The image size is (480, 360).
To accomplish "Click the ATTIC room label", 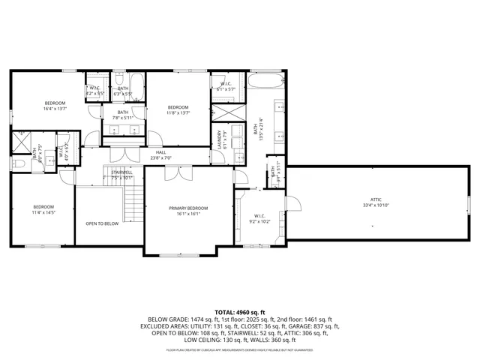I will pos(376,199).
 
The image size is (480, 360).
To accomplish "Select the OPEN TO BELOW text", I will pos(102,223).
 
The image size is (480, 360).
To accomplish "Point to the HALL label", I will pos(160,152).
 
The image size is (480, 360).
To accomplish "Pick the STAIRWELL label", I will pos(121,172).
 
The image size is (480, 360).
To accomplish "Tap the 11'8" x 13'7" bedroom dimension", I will pos(178,112).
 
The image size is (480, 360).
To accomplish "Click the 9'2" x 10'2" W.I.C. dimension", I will pos(259,222).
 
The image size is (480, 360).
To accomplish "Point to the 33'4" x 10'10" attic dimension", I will pos(376,205).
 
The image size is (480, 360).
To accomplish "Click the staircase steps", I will pos(133,202).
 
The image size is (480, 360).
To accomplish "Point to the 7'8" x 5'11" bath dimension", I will pos(122,118).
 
